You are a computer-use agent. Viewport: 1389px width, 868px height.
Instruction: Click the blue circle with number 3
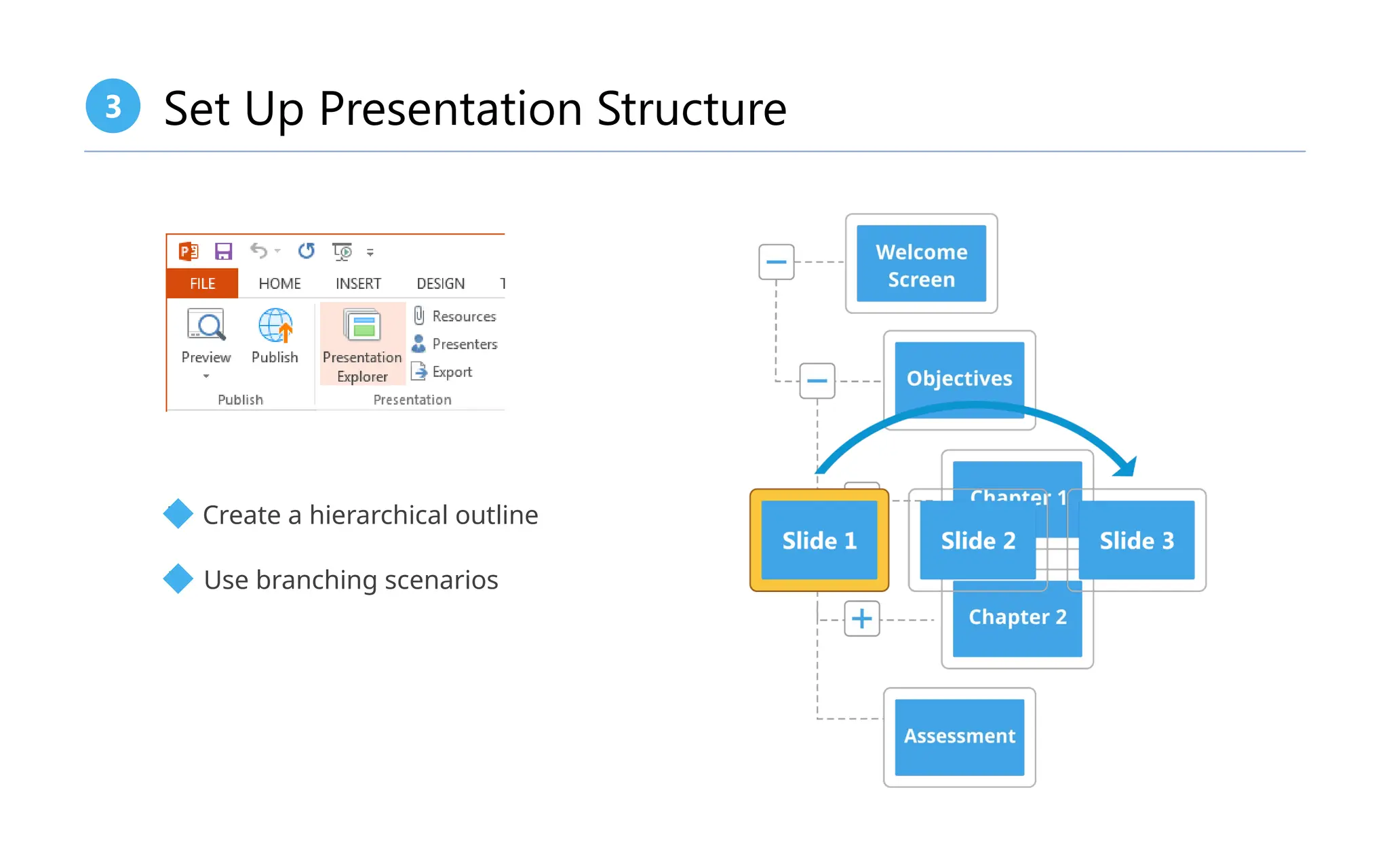pos(113,106)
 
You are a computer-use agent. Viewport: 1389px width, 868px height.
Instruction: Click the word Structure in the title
pos(691,108)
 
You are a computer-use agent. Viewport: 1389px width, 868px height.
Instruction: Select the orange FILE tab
pos(202,283)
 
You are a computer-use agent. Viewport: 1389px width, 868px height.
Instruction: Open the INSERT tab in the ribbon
pos(358,283)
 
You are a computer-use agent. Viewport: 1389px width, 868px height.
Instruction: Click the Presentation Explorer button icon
pos(362,325)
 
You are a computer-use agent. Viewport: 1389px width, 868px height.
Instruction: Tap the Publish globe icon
pos(275,326)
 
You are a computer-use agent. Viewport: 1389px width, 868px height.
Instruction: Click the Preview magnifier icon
pos(206,326)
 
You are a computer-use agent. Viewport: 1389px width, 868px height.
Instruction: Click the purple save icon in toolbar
pos(223,252)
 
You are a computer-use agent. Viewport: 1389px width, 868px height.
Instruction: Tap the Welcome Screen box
pos(921,264)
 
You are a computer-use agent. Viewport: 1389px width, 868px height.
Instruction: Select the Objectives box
pos(959,378)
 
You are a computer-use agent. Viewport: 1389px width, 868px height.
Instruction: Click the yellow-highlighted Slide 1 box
pos(819,540)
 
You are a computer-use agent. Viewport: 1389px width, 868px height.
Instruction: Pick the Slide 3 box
pos(1137,540)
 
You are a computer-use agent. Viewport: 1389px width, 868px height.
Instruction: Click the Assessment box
pos(959,736)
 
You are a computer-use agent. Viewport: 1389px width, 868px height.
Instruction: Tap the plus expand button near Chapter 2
pos(861,618)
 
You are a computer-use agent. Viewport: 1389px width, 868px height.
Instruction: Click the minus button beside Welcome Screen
pos(776,262)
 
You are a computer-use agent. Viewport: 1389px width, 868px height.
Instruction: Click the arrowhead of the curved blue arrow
pos(1127,467)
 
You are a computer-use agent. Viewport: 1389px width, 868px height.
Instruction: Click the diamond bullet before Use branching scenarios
pos(178,579)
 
